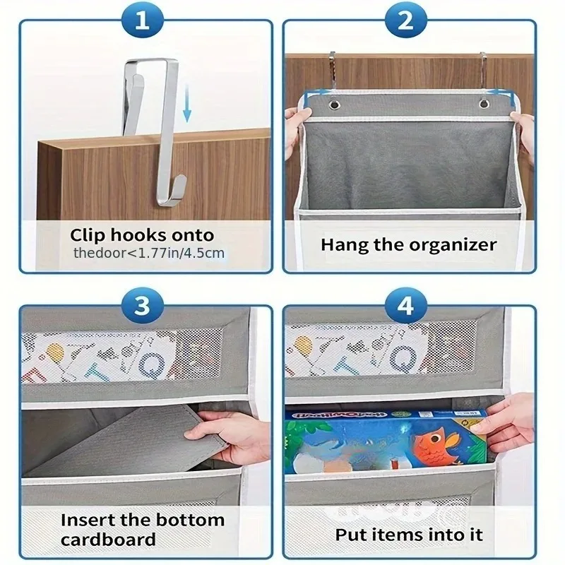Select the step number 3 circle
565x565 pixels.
click(x=143, y=307)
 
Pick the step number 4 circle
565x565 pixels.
click(x=405, y=307)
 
